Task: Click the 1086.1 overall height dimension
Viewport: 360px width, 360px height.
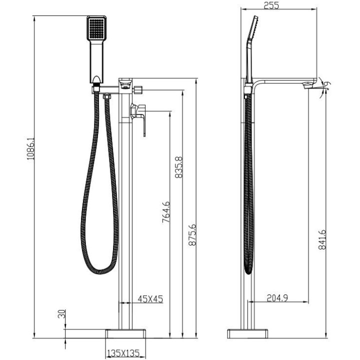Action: (x=30, y=149)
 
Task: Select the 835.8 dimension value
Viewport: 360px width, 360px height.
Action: (x=178, y=167)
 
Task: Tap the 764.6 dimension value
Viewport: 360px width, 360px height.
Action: (x=166, y=212)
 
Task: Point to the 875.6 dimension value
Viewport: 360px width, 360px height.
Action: (x=192, y=235)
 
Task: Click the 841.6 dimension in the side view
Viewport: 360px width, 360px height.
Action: (x=322, y=239)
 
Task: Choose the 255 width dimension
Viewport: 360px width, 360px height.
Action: (x=271, y=5)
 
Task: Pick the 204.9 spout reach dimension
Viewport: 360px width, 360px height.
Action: (x=277, y=298)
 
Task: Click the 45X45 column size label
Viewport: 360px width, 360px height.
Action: (x=150, y=299)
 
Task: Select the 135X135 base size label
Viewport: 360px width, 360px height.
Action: (x=123, y=352)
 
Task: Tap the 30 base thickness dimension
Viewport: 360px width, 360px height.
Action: (x=61, y=313)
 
